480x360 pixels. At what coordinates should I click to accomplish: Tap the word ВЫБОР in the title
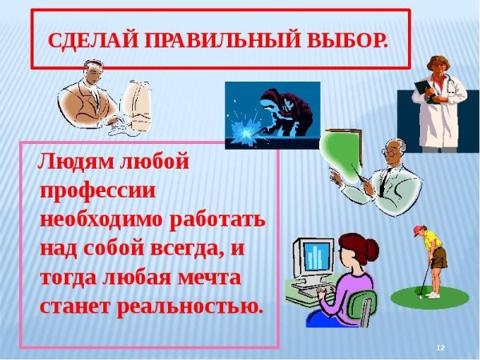pos(353,40)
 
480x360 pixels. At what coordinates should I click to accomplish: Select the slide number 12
pos(440,346)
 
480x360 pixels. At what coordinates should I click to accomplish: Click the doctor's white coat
pos(440,112)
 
